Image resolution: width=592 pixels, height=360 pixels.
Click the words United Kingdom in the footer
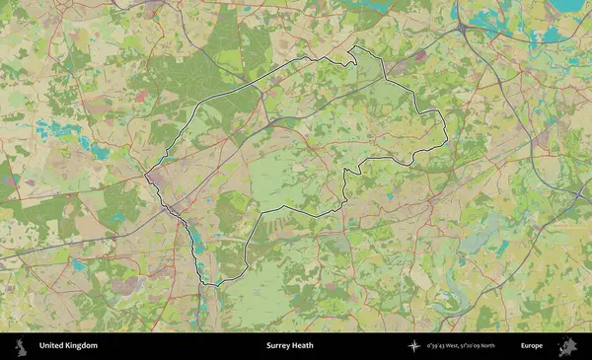(68, 346)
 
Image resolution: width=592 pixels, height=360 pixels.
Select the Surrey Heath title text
(289, 346)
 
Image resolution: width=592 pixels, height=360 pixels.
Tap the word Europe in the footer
(532, 346)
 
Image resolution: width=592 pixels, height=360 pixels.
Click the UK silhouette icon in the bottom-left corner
(19, 346)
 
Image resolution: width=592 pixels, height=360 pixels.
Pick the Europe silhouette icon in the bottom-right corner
(567, 346)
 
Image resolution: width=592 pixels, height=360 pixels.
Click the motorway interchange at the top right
(463, 30)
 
